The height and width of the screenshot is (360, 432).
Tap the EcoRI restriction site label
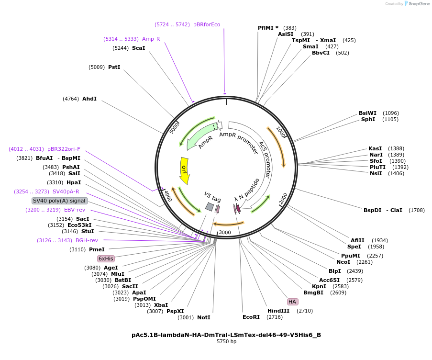tap(251, 317)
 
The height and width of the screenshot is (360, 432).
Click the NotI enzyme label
tap(204, 317)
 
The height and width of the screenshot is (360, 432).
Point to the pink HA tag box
tap(292, 302)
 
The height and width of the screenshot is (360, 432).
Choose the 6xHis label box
tap(106, 259)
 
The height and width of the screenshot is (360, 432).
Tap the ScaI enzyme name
tap(138, 48)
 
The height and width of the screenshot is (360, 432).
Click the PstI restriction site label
tap(114, 67)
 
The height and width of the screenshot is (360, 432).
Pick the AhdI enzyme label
tap(89, 99)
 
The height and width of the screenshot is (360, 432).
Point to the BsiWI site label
tap(367, 113)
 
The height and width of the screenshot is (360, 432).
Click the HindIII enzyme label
tap(278, 311)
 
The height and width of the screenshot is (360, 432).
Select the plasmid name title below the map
tap(226, 335)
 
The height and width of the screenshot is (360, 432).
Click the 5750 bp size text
tap(226, 342)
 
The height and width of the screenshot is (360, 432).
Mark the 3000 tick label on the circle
tap(225, 233)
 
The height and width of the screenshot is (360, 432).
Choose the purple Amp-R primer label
tap(151, 39)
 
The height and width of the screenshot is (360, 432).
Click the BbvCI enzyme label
tap(321, 53)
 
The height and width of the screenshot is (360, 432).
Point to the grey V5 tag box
tap(210, 206)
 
